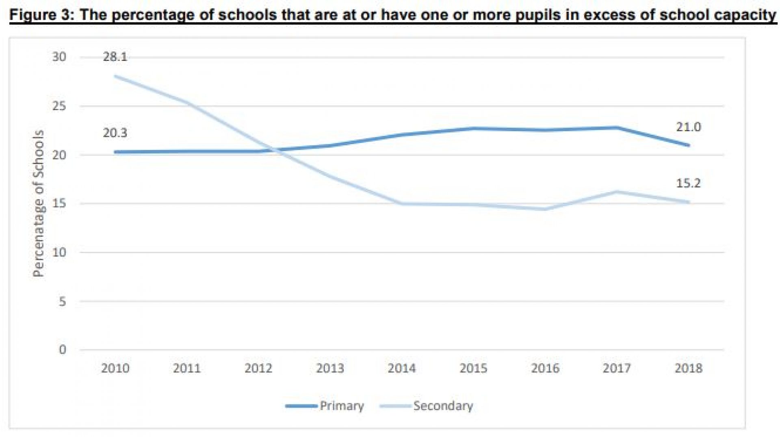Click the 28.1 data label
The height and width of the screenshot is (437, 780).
coord(115,57)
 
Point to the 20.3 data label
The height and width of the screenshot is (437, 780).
coord(115,133)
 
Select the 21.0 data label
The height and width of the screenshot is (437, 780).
coord(688,127)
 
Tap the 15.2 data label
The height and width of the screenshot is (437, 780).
coord(688,183)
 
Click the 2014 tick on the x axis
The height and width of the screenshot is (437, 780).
coord(401,368)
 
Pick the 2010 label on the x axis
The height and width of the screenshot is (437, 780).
coord(115,368)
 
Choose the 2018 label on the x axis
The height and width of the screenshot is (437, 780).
coord(688,368)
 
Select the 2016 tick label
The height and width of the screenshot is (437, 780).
coord(545,368)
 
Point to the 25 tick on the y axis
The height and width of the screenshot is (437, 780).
coord(59,106)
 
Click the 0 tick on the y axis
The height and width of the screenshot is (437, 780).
coord(62,350)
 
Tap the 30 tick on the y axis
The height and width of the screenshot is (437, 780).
coord(59,57)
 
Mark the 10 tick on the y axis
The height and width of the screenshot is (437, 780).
coord(59,253)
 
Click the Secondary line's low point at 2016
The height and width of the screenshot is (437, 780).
coord(544,210)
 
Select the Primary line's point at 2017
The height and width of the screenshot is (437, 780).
coord(617,128)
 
